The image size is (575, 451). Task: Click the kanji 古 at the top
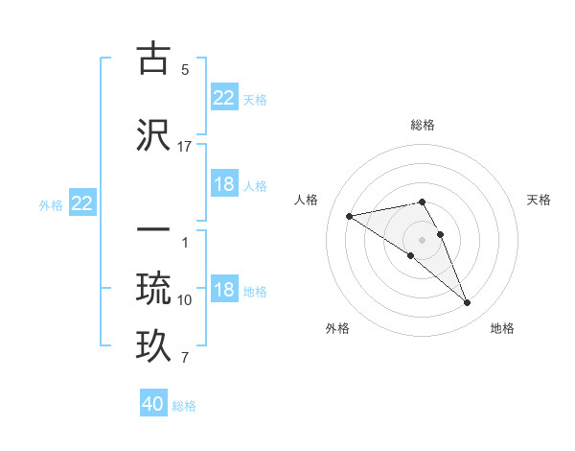[154, 59]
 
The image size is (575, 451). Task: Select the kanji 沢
[154, 135]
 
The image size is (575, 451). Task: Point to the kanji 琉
[154, 287]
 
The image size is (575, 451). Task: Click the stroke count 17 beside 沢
[185, 147]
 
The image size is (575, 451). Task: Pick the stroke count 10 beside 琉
[185, 300]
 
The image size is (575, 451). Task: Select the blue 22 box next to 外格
[82, 203]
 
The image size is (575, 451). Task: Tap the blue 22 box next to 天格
[224, 97]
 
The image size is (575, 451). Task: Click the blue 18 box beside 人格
[224, 184]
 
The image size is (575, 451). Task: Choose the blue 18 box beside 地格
[224, 290]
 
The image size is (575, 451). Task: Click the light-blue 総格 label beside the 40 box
[184, 406]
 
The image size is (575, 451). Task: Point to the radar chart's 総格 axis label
[423, 125]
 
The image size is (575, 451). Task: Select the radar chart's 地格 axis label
[502, 329]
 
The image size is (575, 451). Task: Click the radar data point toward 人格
[350, 216]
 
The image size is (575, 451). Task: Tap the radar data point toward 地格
[468, 303]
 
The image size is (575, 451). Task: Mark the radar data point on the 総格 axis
[423, 202]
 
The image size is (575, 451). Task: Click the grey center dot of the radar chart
[423, 239]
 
